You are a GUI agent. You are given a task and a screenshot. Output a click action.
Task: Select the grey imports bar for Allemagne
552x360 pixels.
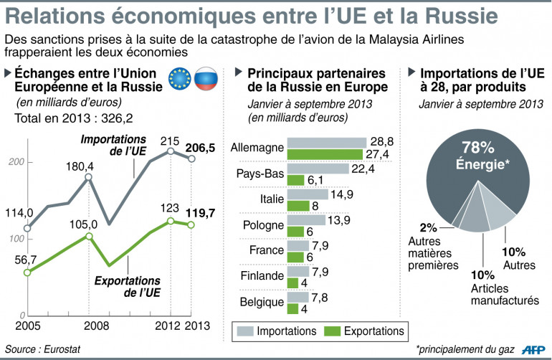click(x=326, y=143)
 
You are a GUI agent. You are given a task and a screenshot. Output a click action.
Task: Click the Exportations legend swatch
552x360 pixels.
click(x=332, y=331)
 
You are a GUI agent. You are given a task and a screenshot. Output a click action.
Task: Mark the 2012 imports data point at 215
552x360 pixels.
click(x=171, y=151)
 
